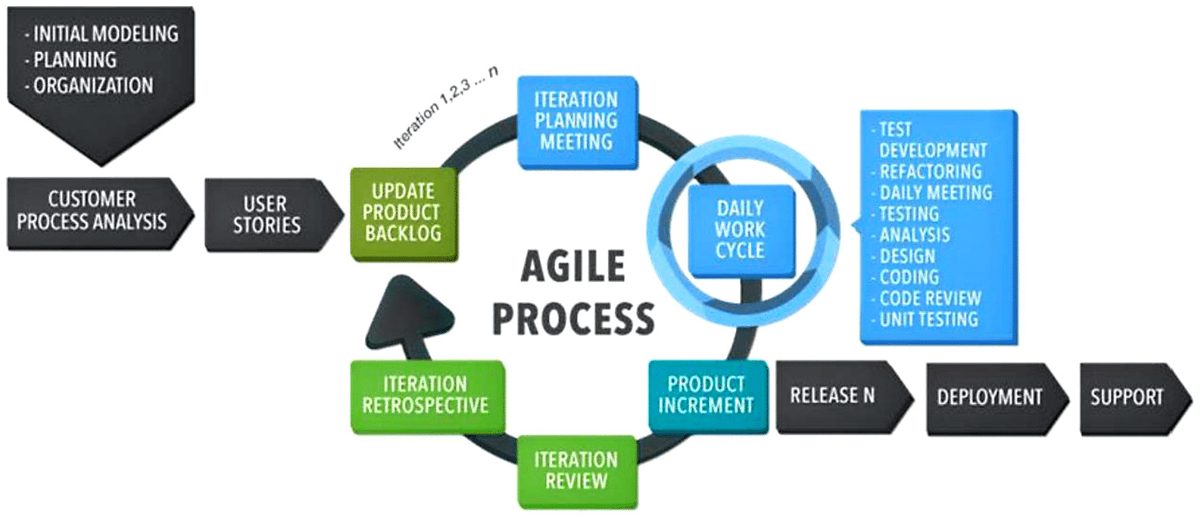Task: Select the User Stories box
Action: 266,214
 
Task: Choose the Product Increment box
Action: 706,395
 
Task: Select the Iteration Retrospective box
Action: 426,395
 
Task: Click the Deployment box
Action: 988,397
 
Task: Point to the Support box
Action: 1127,397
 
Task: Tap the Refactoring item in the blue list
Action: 929,171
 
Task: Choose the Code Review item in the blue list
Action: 929,298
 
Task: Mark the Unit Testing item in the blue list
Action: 928,319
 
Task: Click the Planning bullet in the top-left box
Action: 75,60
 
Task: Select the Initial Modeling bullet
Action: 101,34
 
